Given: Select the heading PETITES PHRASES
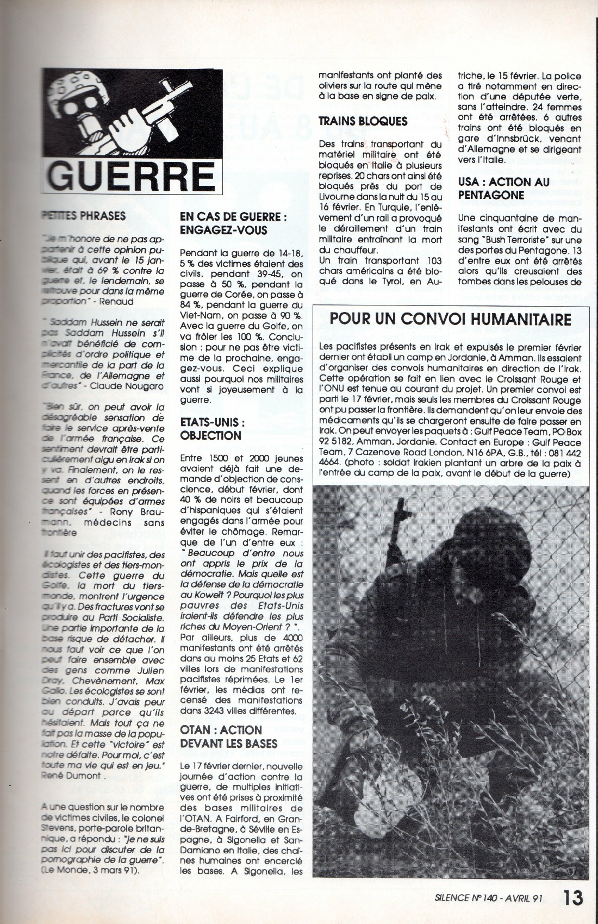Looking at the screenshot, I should pyautogui.click(x=83, y=215).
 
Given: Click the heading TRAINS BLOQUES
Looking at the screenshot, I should pyautogui.click(x=363, y=121).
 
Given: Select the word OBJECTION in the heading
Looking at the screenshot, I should pyautogui.click(x=210, y=435).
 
